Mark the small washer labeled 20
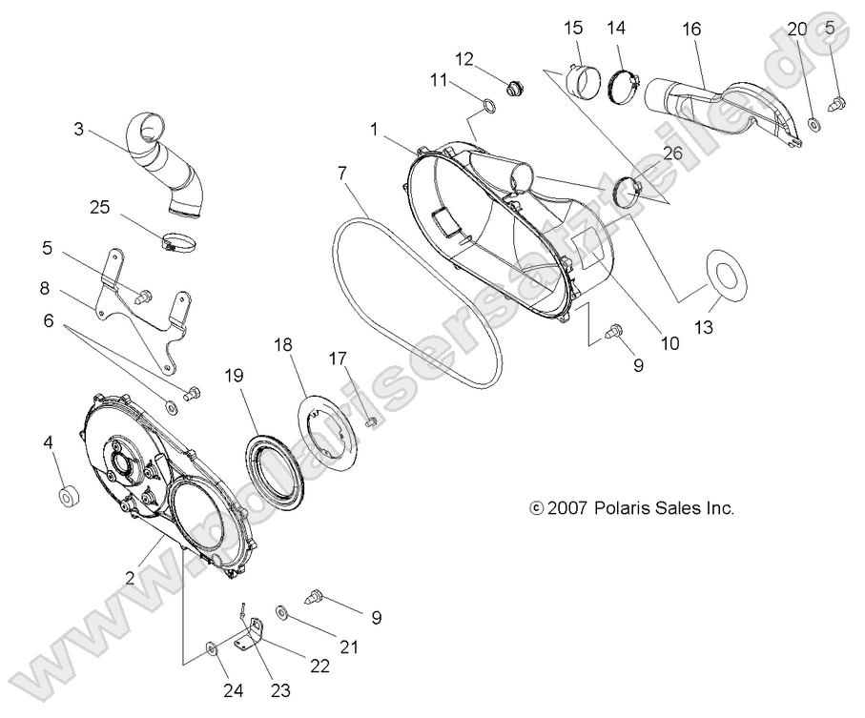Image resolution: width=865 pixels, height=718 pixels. (x=814, y=124)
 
